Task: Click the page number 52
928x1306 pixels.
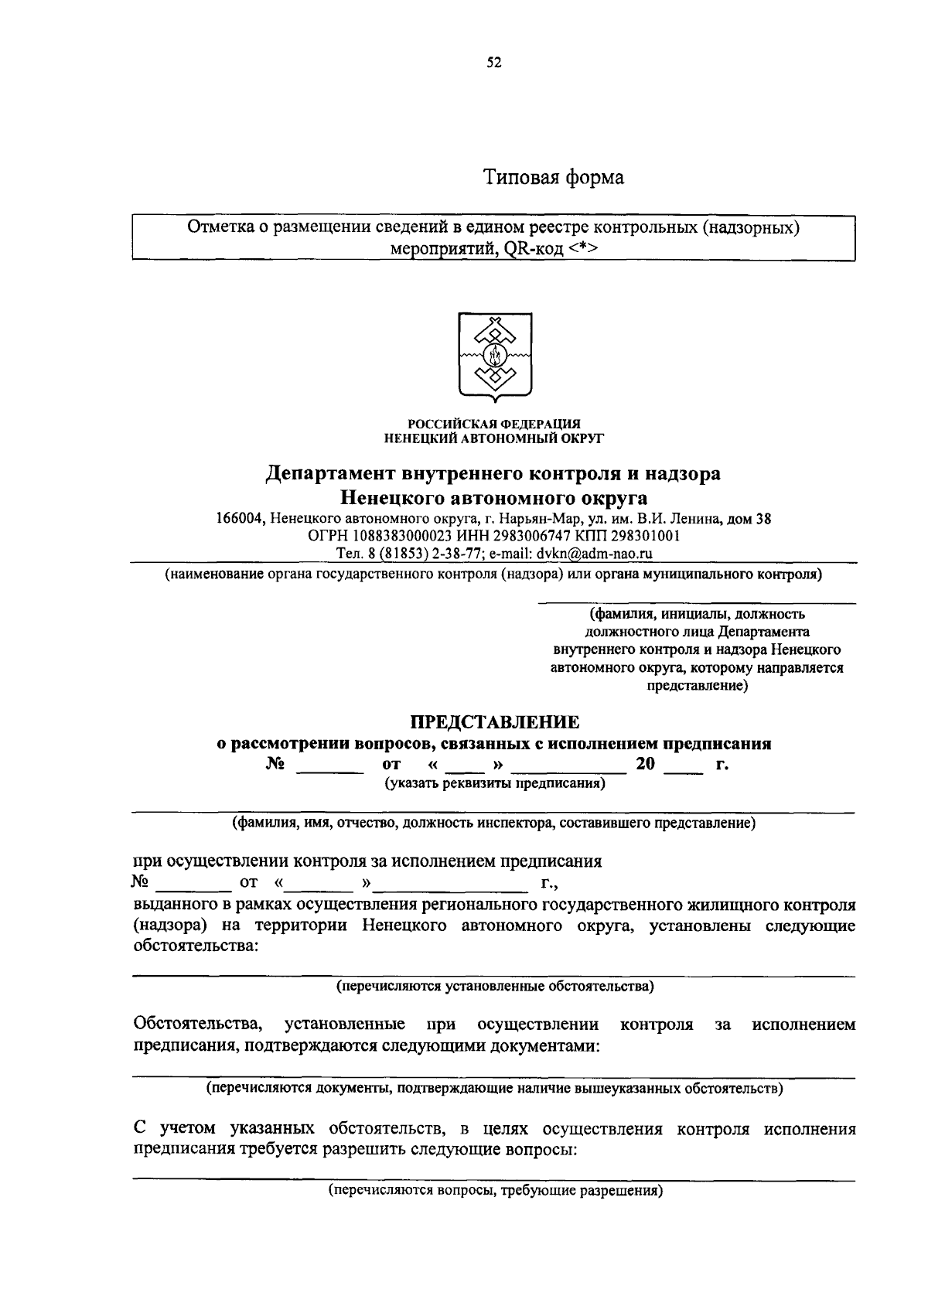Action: click(x=494, y=63)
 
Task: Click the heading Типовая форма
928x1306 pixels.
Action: click(x=554, y=178)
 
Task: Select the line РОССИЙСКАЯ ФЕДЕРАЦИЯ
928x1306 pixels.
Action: click(x=494, y=424)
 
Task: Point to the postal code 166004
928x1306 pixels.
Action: click(x=241, y=520)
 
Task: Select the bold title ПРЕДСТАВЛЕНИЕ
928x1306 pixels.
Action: click(x=494, y=722)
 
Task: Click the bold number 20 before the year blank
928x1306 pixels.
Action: click(x=645, y=765)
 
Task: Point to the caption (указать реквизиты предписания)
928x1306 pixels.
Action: click(x=495, y=783)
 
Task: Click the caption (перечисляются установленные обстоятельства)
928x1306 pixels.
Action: click(x=494, y=987)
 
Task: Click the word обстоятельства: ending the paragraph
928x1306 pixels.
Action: click(x=196, y=946)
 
